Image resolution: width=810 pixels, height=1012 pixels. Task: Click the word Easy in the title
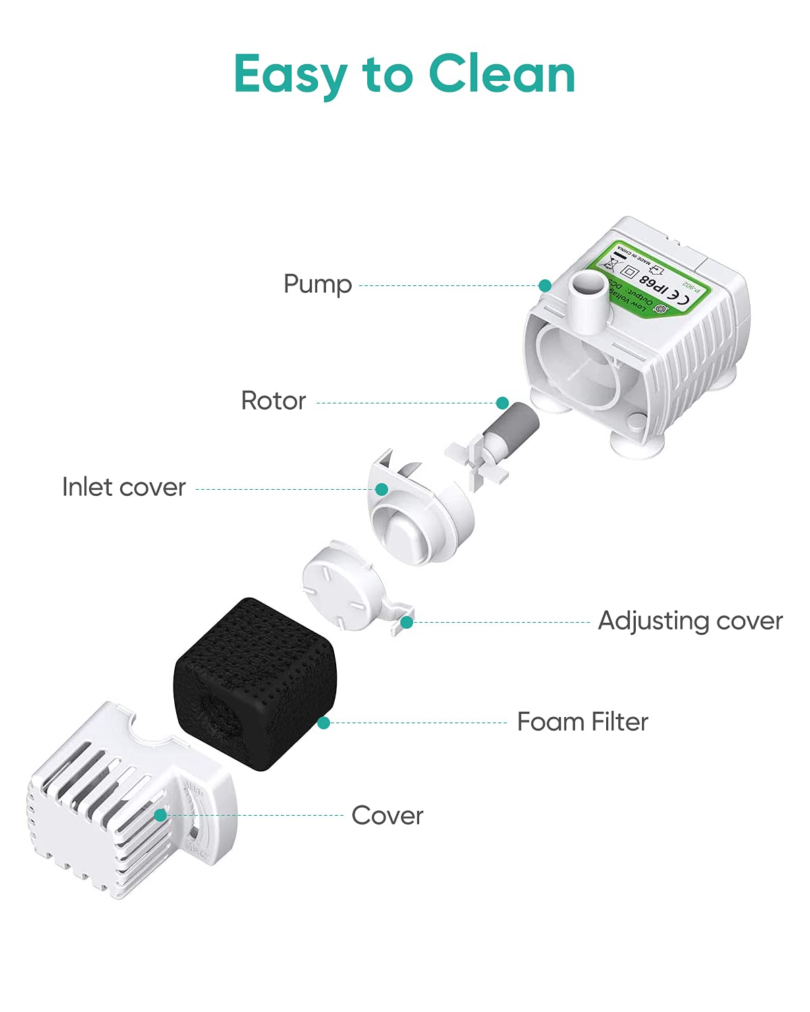point(290,76)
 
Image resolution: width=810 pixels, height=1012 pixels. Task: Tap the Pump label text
point(317,284)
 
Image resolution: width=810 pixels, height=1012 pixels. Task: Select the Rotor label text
point(273,401)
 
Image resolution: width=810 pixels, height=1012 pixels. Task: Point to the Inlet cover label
point(124,487)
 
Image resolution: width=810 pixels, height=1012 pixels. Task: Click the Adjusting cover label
point(690,621)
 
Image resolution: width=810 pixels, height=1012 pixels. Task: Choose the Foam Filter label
point(582,722)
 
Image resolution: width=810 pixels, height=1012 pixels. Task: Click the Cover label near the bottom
point(387,816)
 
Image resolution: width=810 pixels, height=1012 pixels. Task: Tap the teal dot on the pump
point(545,286)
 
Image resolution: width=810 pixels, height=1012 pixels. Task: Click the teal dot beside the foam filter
point(324,723)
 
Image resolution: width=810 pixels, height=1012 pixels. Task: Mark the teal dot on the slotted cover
point(160,815)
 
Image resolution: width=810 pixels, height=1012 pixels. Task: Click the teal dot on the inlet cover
point(381,489)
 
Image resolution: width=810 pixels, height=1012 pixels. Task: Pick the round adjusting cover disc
point(341,585)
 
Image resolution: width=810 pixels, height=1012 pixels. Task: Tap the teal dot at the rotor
point(502,403)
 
